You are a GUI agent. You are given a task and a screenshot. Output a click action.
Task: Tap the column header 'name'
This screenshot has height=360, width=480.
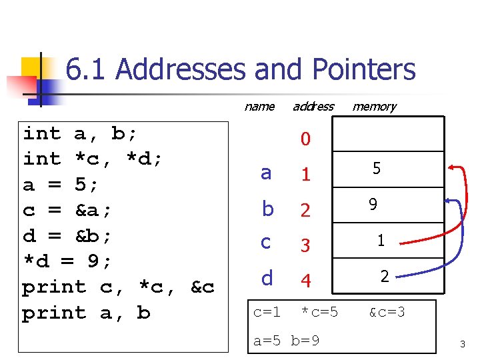coord(259,106)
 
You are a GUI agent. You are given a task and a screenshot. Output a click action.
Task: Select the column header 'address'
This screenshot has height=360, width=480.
coord(313,106)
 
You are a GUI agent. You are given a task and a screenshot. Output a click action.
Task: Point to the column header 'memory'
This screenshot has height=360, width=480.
coord(374,106)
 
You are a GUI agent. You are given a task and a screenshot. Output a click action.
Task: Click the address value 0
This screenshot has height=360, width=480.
coord(305,139)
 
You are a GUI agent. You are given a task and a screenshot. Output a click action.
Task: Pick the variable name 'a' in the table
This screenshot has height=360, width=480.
coord(266,173)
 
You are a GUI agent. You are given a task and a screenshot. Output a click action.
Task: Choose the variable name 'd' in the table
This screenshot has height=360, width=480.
coord(267,279)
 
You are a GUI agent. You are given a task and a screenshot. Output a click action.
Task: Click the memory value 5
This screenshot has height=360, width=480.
coord(377,169)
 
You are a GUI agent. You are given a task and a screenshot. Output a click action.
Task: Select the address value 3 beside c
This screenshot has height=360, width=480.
coord(305,245)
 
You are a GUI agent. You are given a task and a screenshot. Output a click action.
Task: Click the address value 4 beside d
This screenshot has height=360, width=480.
coord(305,281)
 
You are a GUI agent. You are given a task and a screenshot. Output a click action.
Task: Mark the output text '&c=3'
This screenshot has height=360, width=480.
coord(387,312)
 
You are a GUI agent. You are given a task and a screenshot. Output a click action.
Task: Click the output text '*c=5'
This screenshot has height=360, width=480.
coord(319,312)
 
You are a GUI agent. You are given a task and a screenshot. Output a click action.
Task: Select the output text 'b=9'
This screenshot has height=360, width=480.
coord(305,341)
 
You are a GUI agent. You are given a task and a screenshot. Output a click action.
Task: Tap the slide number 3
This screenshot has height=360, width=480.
coord(461,344)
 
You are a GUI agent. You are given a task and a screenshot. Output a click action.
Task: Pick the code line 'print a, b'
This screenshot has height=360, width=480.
coord(86,313)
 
